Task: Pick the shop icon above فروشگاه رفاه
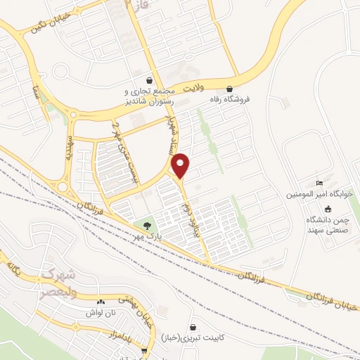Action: (x=231, y=88)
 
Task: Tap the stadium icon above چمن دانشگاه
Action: (x=328, y=208)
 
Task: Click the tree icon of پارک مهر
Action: (x=146, y=225)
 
